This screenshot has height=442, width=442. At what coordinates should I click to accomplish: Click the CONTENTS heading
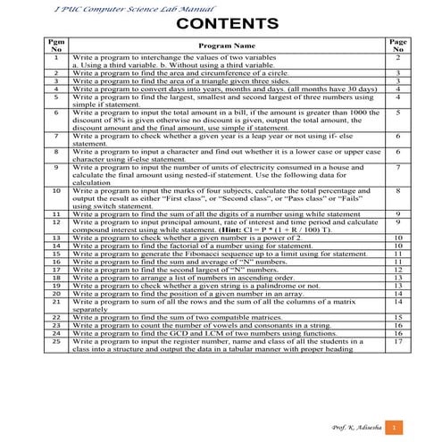click(x=221, y=22)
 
